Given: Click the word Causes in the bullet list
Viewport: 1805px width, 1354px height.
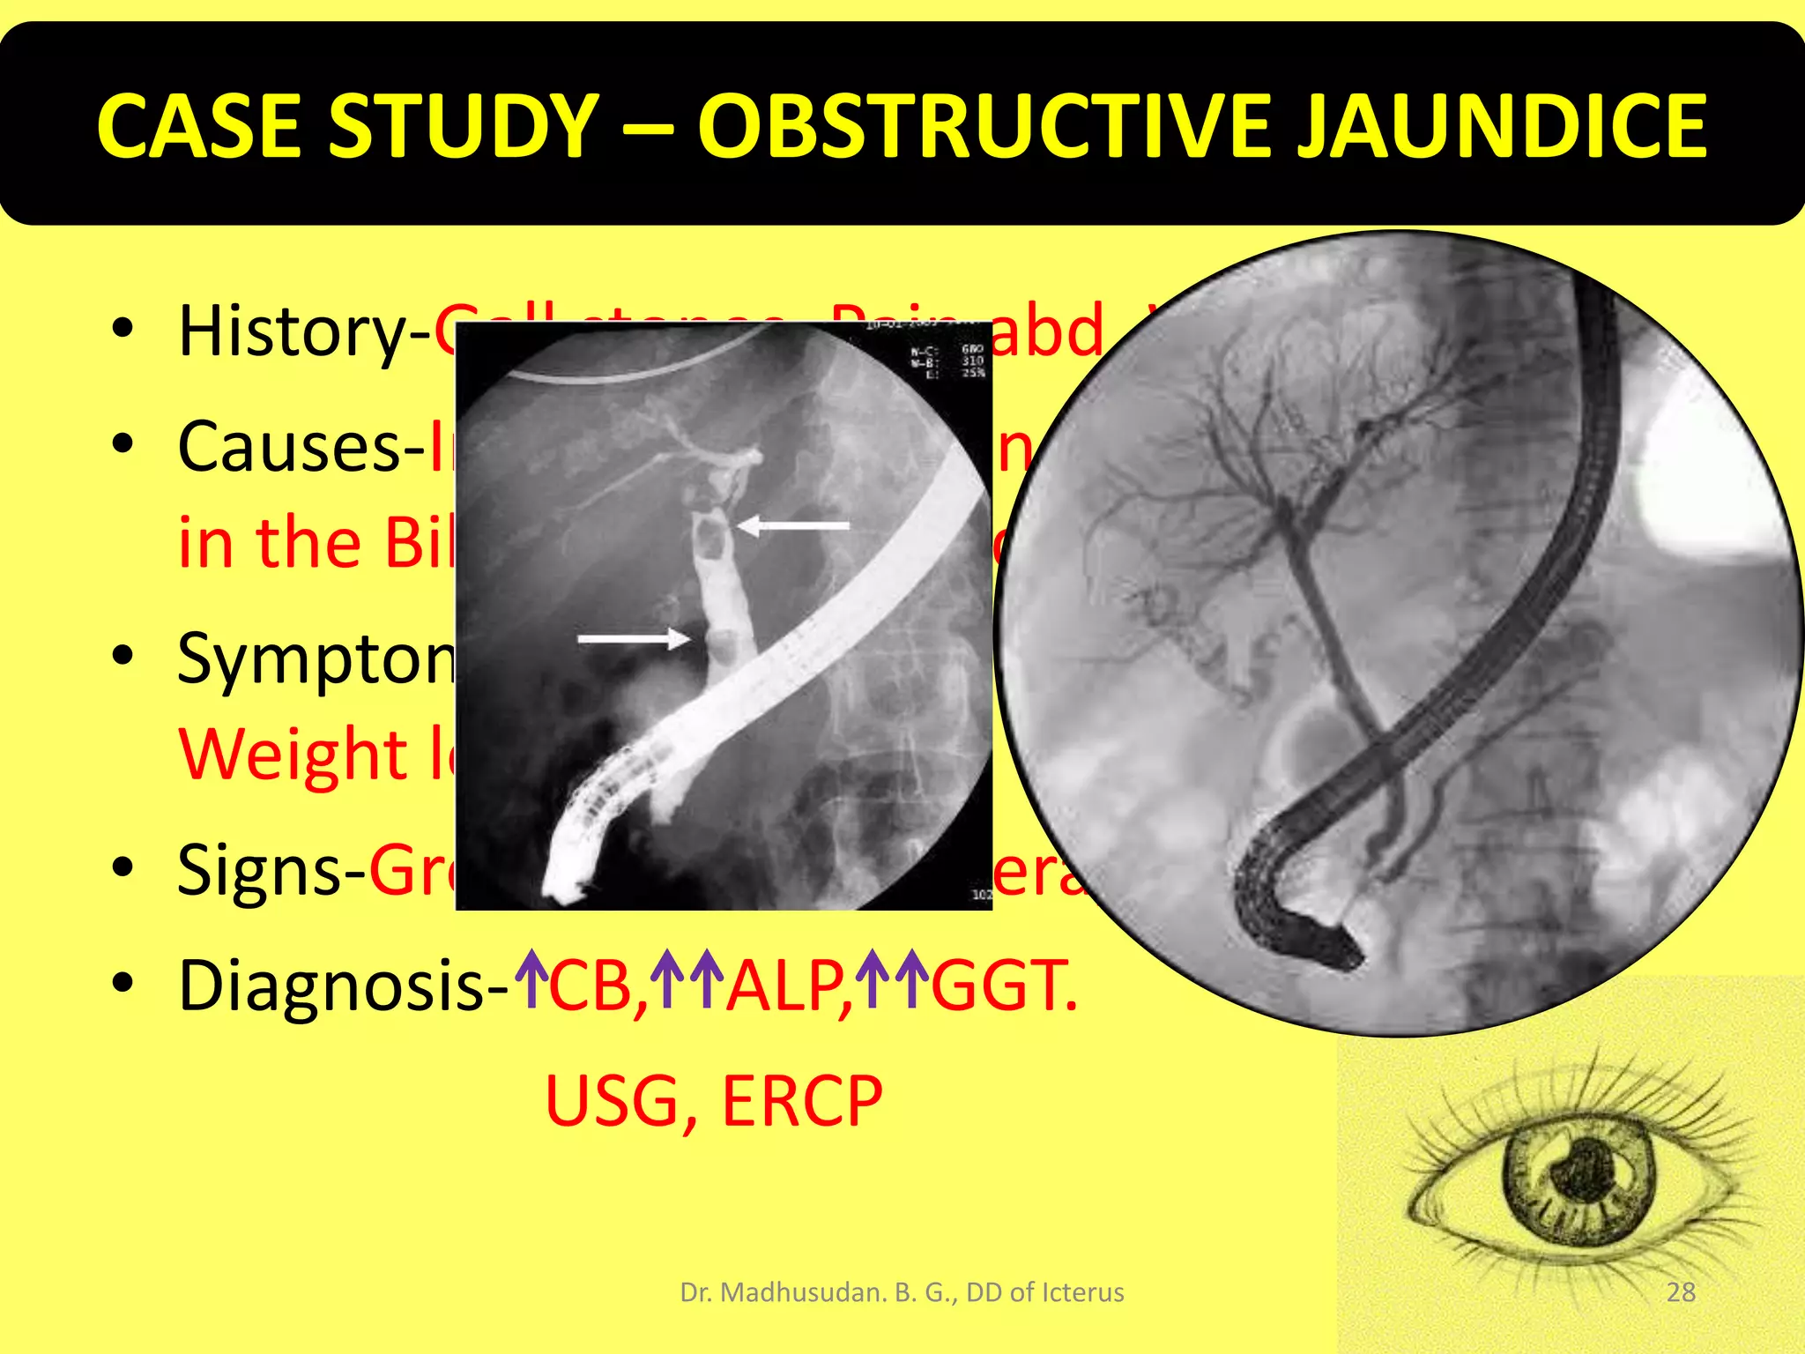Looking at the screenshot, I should (x=289, y=448).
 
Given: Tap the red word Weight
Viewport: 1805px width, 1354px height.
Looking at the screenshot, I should (x=293, y=755).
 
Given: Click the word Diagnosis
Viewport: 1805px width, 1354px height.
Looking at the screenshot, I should (x=331, y=986).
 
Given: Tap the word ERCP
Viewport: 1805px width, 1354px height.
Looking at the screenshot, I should (x=802, y=1101).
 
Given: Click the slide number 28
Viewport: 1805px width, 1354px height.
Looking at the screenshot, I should (x=1681, y=1292).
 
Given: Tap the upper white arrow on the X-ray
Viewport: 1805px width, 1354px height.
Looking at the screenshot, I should (x=793, y=525).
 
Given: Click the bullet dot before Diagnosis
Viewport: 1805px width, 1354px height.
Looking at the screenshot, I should (x=123, y=984).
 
